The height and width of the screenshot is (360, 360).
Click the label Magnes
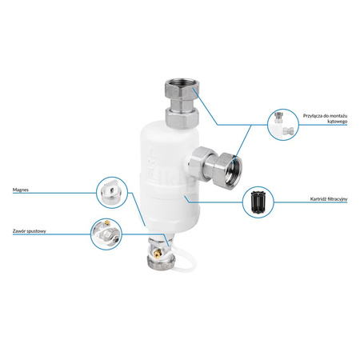[x=21, y=190]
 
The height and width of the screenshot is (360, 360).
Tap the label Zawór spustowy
[x=30, y=231]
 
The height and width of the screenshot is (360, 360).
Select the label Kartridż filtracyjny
[x=329, y=199]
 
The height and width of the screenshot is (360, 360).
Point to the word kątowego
[x=337, y=122]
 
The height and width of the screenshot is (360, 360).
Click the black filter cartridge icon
[x=258, y=202]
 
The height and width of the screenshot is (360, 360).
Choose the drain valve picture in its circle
[x=106, y=234]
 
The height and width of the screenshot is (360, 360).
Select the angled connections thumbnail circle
[x=283, y=124]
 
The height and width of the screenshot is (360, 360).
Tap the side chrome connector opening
[x=234, y=171]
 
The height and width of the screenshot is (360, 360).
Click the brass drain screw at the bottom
[x=158, y=252]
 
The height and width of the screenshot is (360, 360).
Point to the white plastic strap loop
[x=183, y=258]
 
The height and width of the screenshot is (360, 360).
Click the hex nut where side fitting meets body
[x=201, y=163]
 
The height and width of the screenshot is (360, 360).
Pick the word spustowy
[x=36, y=231]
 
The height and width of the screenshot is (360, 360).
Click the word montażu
[x=338, y=116]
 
